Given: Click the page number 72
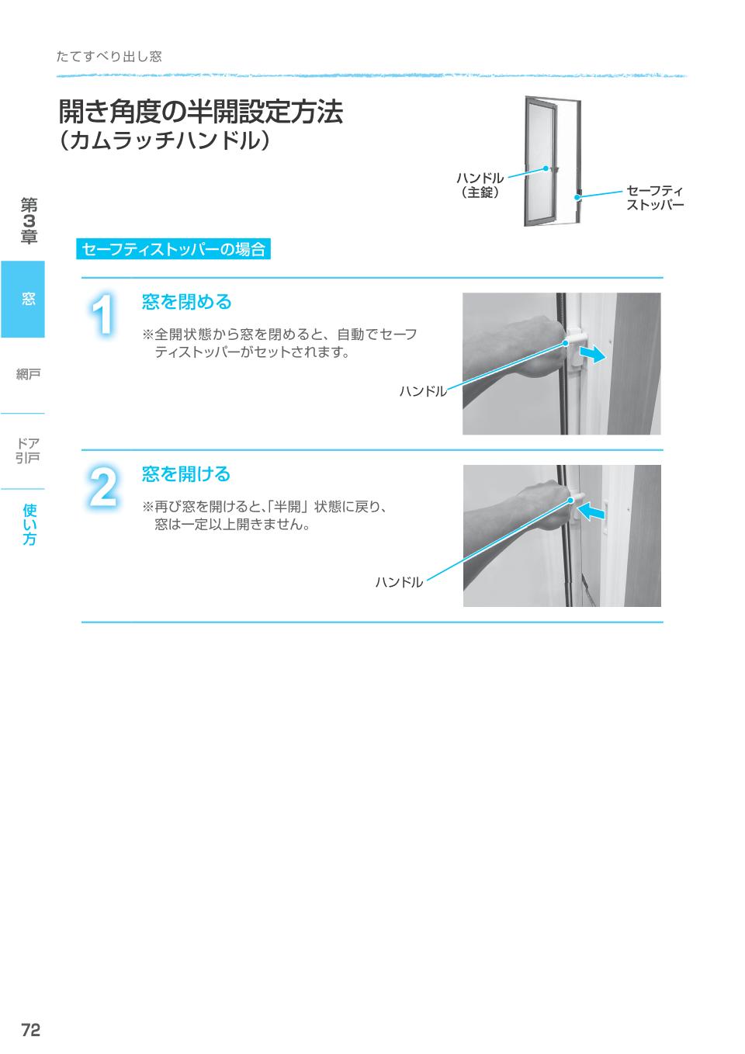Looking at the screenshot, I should tap(31, 1030).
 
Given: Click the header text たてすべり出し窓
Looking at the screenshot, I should tap(109, 57).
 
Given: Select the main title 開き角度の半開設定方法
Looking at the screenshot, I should tap(200, 112).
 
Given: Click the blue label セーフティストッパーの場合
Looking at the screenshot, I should tap(174, 249).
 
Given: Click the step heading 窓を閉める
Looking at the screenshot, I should tap(186, 301).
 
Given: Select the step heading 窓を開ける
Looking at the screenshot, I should tap(186, 473).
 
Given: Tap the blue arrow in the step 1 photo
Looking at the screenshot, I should tap(591, 354).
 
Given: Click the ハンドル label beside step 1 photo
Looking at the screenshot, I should tap(423, 391).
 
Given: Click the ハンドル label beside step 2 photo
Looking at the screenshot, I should tap(399, 581).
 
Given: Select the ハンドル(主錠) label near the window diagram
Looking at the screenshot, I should tap(479, 185).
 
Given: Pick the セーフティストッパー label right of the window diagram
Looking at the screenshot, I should tap(654, 198).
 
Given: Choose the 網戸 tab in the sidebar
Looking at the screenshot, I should tap(28, 375).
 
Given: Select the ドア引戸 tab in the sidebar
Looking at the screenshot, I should tap(28, 450).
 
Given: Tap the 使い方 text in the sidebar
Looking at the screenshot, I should tap(29, 524).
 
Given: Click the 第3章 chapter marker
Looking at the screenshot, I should tap(29, 221).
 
